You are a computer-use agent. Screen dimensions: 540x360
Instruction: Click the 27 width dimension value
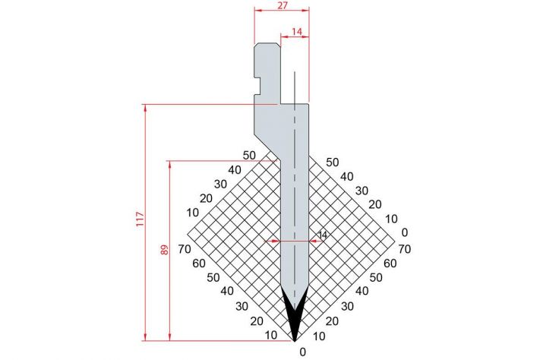coord(282,5)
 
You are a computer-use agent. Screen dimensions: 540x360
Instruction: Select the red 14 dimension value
coord(296,32)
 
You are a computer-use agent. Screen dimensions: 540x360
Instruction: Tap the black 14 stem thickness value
coord(322,235)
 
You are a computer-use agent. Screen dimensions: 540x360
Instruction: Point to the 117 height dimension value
coord(140,219)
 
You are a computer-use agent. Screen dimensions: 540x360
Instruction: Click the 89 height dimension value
coord(165,250)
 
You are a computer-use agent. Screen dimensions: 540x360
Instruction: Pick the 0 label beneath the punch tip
coord(303,352)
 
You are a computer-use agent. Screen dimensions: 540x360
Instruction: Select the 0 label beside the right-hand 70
coord(405,232)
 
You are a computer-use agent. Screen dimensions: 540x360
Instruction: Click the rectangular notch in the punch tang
coord(257,86)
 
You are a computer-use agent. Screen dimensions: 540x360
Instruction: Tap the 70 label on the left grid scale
coord(185,248)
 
